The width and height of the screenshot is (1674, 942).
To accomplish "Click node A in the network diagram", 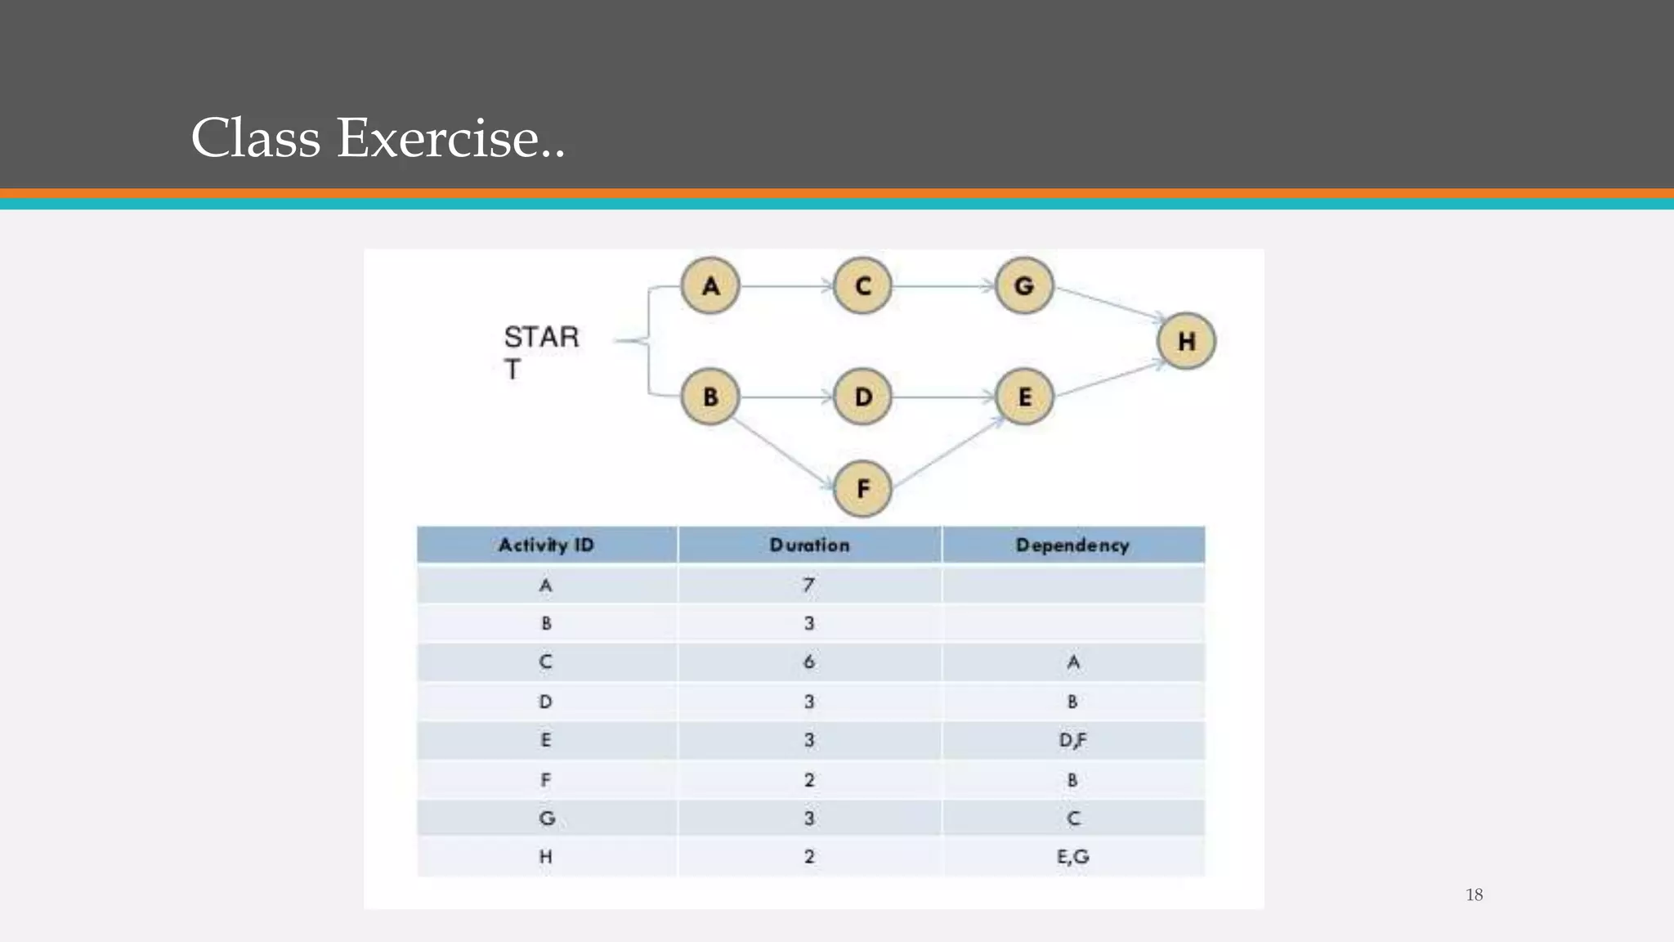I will pos(710,286).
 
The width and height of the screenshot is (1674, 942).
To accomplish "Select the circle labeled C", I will pos(862,286).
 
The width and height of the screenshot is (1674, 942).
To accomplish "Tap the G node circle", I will pos(1024,286).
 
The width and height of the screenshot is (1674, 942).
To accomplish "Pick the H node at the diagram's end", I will pos(1186,341).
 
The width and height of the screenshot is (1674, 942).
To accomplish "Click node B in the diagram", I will pos(710,397).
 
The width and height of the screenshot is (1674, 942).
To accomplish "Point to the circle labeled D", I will pos(862,397).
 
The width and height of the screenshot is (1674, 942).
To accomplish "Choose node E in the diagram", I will pos(1024,397).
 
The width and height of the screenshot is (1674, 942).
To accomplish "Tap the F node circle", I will pos(862,489).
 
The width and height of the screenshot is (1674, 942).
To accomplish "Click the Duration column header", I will pos(809,545).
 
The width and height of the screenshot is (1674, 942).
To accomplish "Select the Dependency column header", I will pos(1072,545).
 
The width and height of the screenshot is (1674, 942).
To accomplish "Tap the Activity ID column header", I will pos(546,545).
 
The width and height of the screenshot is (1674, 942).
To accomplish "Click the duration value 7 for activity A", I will pos(808,585).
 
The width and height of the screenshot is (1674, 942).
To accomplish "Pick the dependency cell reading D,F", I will pos(1072,741).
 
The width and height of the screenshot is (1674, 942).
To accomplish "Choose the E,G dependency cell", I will pos(1072,857).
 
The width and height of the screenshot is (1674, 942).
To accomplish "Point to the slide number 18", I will pos(1474,895).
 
